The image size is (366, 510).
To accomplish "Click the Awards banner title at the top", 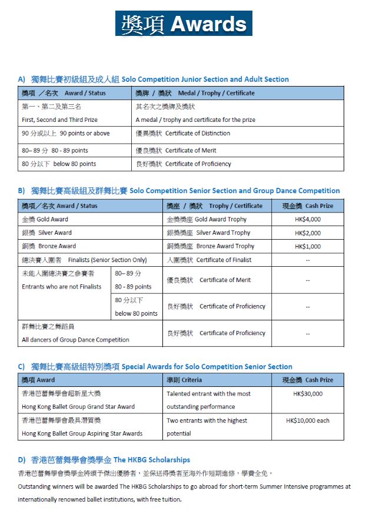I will [x=184, y=23].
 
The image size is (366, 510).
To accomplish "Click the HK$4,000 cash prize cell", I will [x=308, y=219].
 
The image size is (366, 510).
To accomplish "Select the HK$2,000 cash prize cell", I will [x=308, y=233].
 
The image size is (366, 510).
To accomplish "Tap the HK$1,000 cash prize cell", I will [x=308, y=246].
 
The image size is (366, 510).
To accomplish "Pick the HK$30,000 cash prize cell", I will [x=308, y=393].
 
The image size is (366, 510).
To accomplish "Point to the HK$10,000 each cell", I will [x=308, y=420].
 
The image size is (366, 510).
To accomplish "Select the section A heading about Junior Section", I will [x=154, y=79].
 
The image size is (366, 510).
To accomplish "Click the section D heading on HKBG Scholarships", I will [x=104, y=459].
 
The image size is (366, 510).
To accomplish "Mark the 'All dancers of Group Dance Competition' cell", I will [x=75, y=333].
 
